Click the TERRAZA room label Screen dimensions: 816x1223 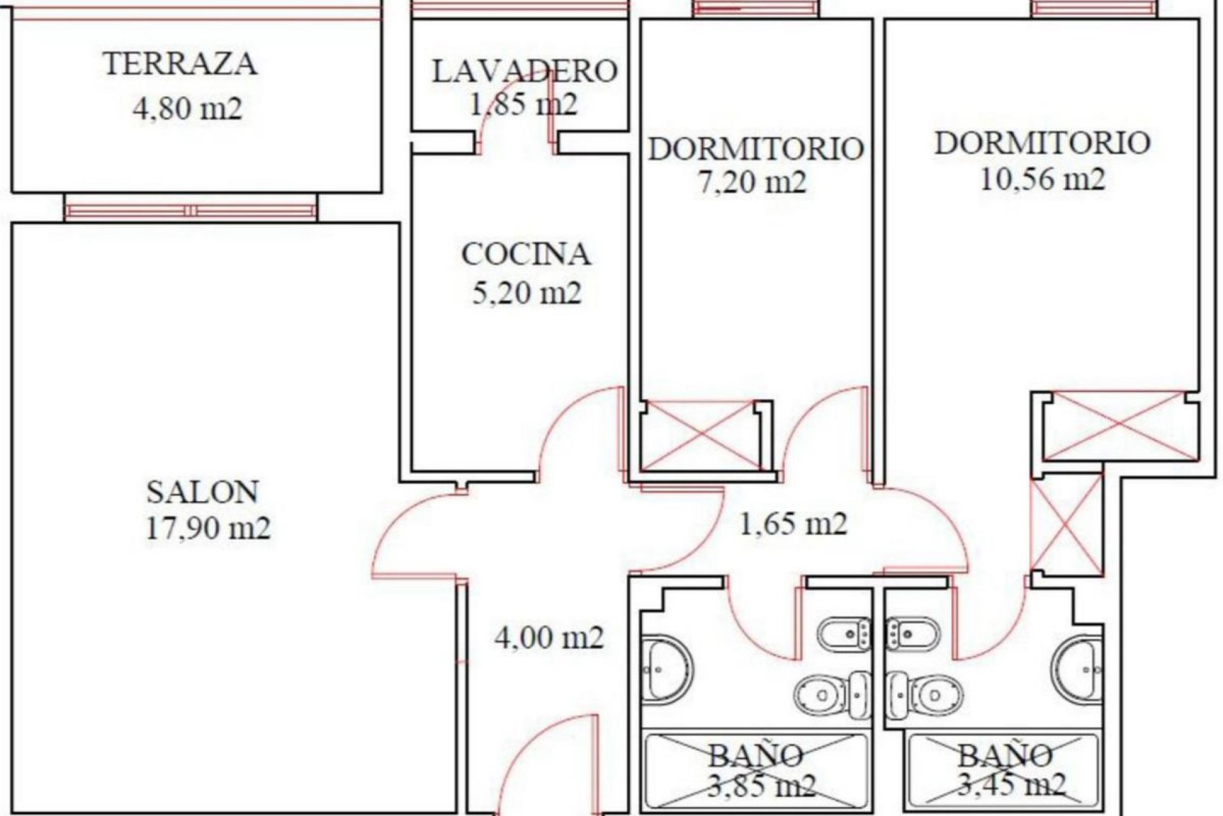pos(180,64)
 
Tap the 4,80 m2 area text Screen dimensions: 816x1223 pos(187,109)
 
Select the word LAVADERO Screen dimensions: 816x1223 pos(525,71)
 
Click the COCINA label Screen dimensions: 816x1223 pos(526,254)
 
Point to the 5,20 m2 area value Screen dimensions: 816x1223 pos(526,294)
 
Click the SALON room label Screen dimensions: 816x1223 pos(203,492)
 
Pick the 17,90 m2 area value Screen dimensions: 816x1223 pos(208,528)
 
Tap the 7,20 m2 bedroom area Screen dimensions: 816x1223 pos(752,182)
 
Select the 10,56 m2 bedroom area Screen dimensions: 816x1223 pos(1042,180)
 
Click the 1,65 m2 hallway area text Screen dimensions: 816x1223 pos(792,524)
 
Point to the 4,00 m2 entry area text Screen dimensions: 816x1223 pos(549,637)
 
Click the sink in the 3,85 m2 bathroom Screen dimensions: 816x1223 pos(666,669)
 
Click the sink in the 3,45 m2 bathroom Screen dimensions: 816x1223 pos(1077,669)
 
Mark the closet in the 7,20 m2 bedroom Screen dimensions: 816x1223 pos(700,435)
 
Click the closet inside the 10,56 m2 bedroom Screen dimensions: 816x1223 pos(1118,425)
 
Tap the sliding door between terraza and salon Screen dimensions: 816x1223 pos(190,210)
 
